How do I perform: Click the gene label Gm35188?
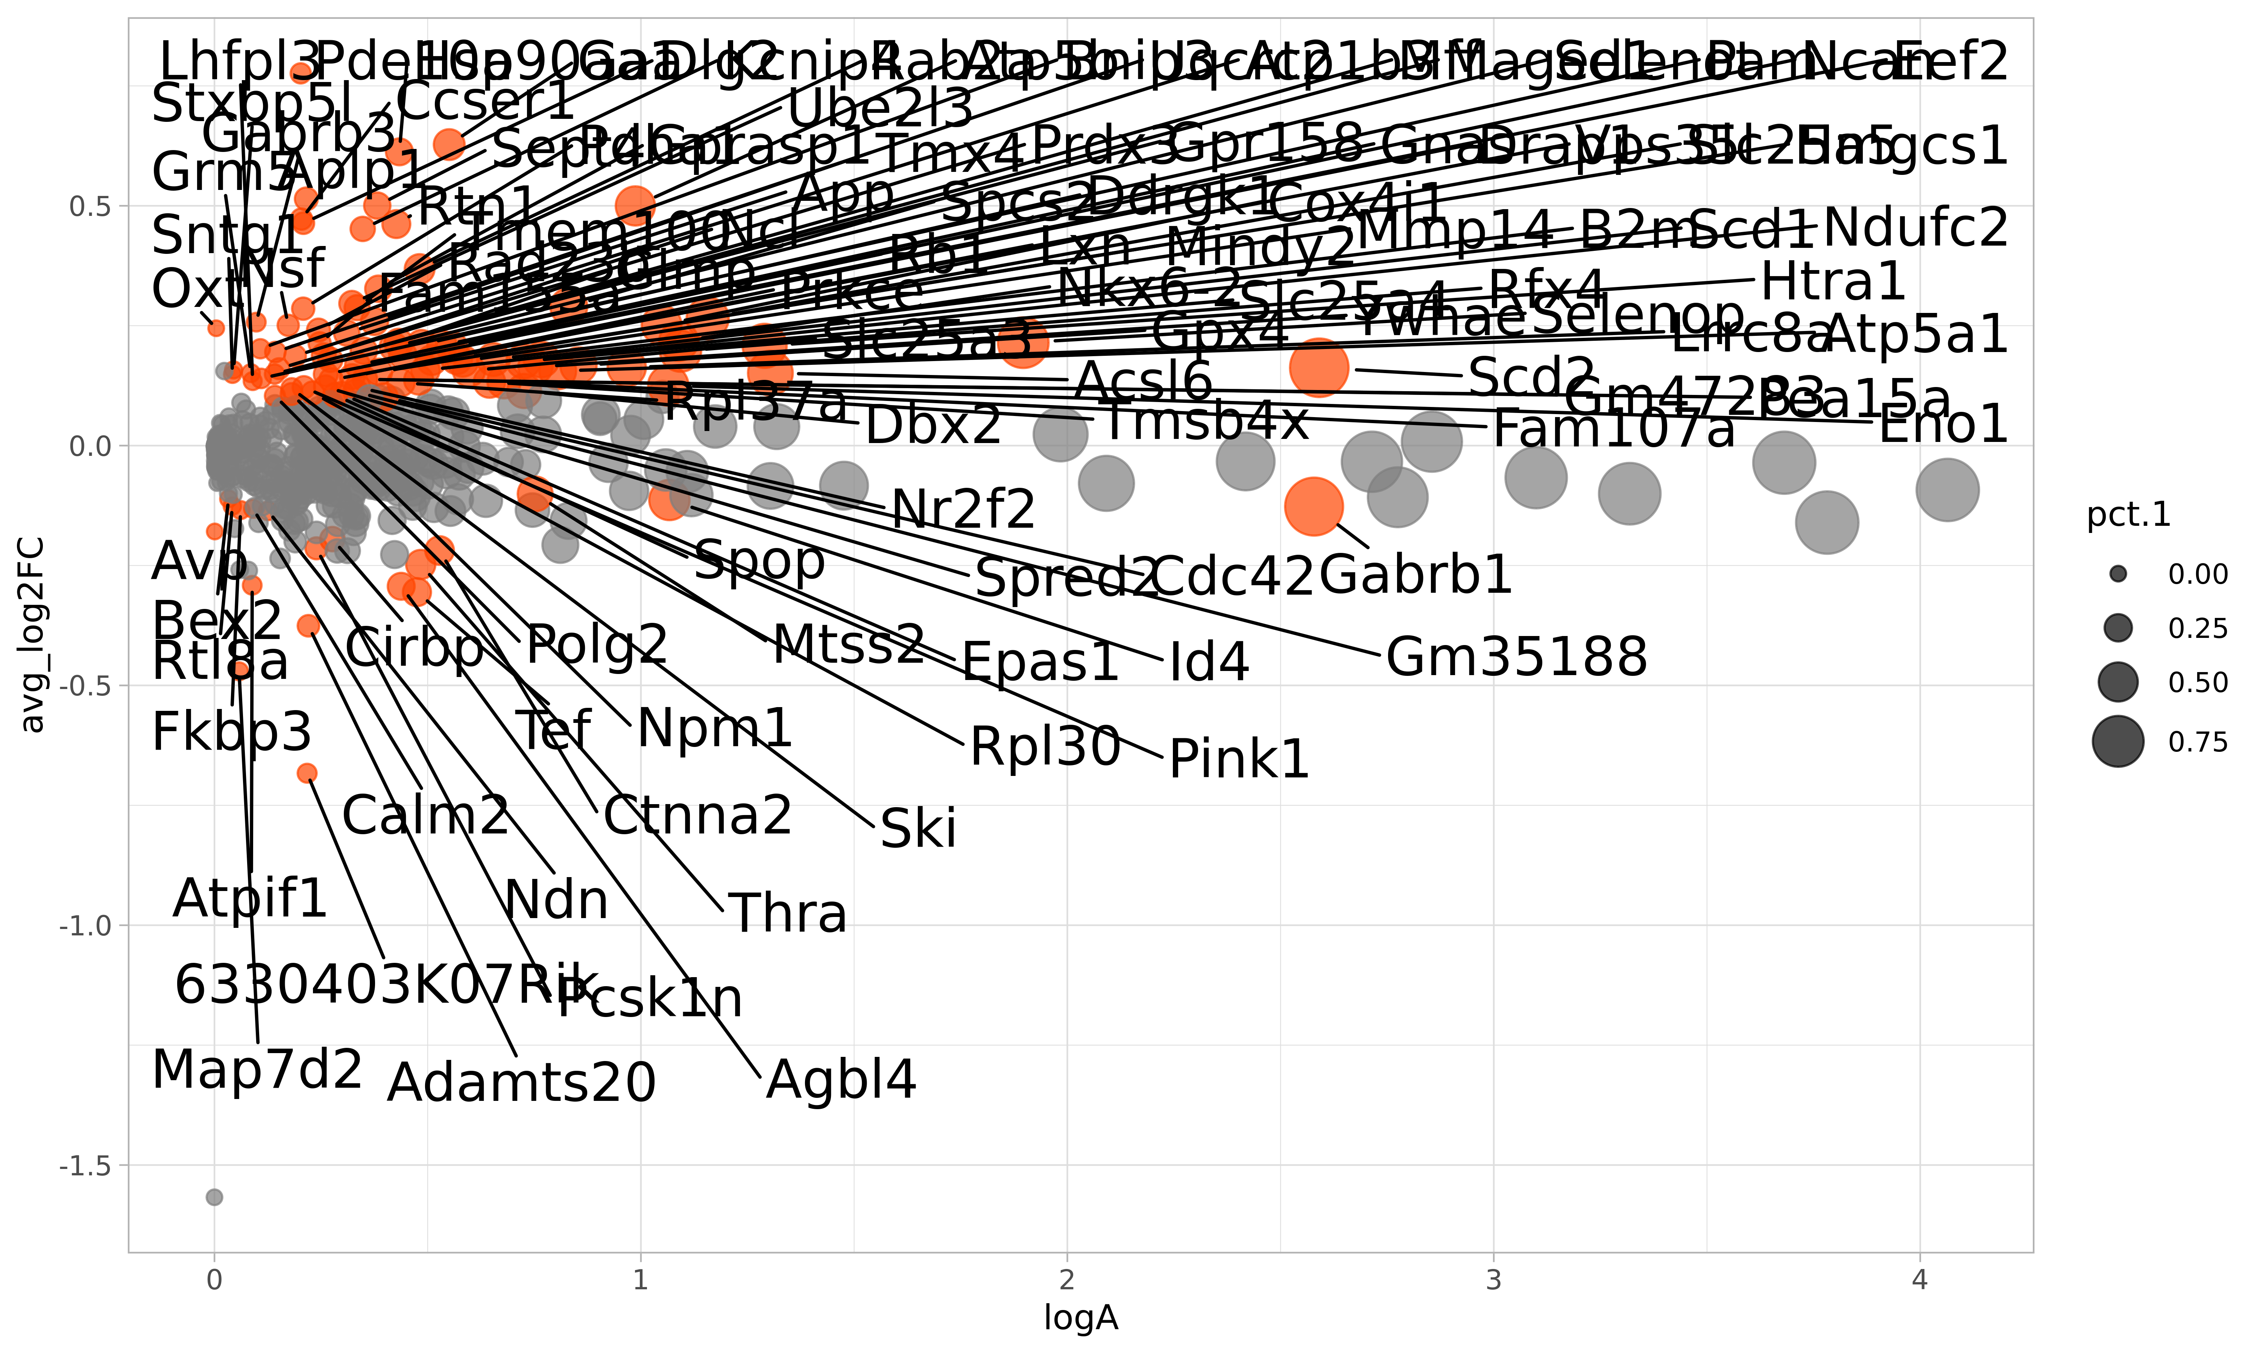[1516, 657]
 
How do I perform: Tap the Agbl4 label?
[840, 1080]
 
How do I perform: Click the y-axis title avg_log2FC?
[33, 635]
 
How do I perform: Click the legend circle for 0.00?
[2117, 574]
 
